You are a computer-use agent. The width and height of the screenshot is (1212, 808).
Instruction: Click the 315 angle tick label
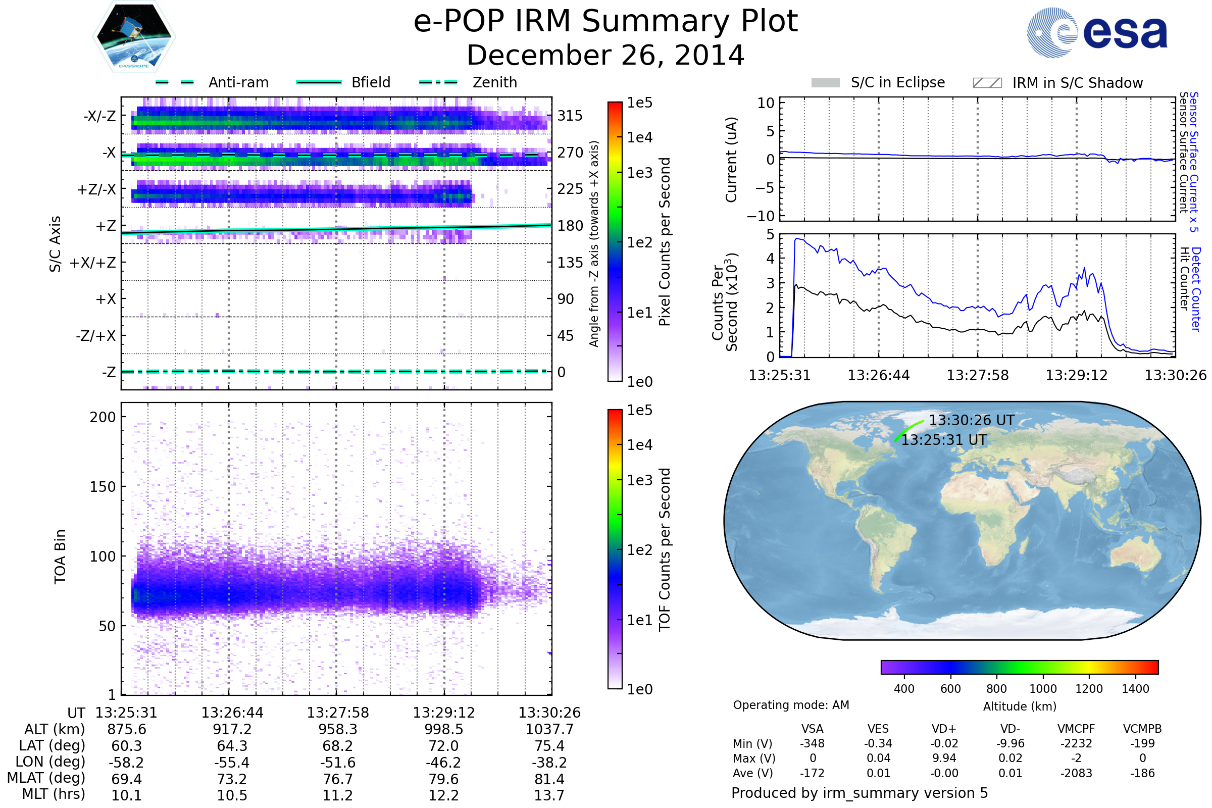click(x=570, y=116)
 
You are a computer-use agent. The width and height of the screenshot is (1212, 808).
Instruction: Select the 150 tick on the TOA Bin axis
click(x=103, y=486)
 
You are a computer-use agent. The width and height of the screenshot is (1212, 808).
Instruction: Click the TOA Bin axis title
click(x=60, y=557)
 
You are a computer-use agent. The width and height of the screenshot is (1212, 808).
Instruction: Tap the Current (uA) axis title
click(x=731, y=160)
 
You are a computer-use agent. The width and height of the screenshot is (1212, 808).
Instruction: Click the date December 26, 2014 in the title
click(x=605, y=56)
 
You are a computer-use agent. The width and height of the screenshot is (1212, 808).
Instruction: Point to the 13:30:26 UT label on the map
click(x=971, y=421)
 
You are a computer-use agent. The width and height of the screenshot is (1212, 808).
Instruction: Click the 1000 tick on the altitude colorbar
click(x=1042, y=689)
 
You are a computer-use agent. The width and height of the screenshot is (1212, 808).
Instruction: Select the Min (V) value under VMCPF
click(x=1076, y=743)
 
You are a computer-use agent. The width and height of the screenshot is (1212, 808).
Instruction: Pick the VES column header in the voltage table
click(x=878, y=729)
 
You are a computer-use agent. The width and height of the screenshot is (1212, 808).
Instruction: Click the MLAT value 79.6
click(x=443, y=779)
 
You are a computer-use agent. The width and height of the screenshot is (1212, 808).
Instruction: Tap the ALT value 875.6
click(x=126, y=730)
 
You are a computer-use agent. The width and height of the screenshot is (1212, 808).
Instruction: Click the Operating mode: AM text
click(x=791, y=705)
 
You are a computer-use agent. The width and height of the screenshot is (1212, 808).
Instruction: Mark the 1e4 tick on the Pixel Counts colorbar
click(x=639, y=137)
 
